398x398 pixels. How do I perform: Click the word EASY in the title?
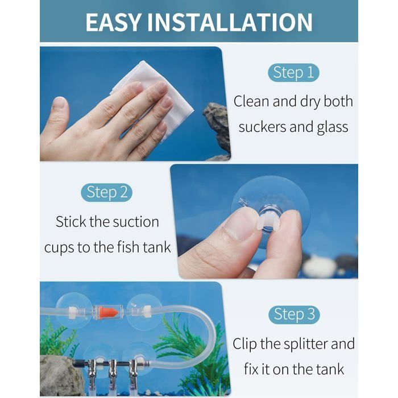[x=113, y=22]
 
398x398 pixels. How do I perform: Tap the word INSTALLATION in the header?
[x=230, y=22]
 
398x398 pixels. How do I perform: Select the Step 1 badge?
[x=293, y=73]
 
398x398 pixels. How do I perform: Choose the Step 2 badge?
[x=107, y=192]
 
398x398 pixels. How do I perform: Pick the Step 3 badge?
[x=294, y=314]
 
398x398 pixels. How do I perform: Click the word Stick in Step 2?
[x=71, y=222]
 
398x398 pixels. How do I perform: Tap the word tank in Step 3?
[x=331, y=369]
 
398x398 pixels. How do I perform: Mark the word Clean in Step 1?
[x=251, y=101]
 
